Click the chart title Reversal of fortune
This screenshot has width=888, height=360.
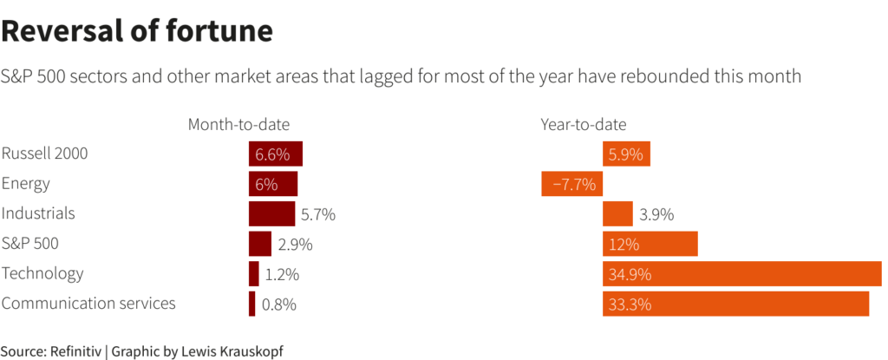(x=137, y=31)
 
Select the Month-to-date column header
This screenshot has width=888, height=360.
(x=238, y=124)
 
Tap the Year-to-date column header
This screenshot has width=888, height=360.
(x=583, y=124)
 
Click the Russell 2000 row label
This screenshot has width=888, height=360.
(x=44, y=154)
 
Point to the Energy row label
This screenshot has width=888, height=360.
(x=26, y=183)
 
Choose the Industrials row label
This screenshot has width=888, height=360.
(x=38, y=213)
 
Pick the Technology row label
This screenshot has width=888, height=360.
(x=42, y=273)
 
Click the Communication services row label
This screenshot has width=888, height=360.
(x=88, y=303)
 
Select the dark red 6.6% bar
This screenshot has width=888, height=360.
(x=275, y=154)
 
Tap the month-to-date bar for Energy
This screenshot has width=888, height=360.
(x=272, y=184)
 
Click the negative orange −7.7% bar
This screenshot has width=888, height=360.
(x=571, y=184)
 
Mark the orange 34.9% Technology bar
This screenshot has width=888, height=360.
(x=741, y=274)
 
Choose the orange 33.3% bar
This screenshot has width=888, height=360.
(x=735, y=304)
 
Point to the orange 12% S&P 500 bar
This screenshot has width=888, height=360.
(x=650, y=244)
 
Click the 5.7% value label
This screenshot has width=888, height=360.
(x=317, y=214)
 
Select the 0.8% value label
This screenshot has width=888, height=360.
(x=279, y=304)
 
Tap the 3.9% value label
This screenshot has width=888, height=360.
(x=656, y=214)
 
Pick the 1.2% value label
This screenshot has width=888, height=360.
(x=282, y=274)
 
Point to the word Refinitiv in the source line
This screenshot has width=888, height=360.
(x=75, y=351)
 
